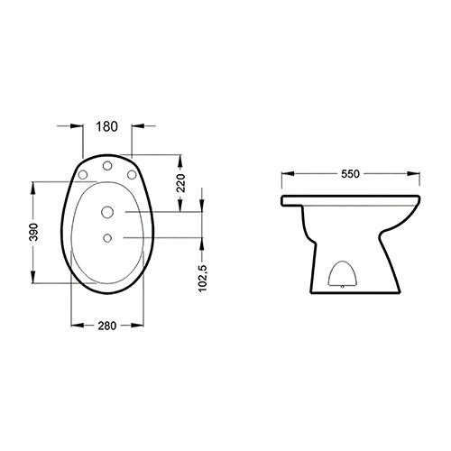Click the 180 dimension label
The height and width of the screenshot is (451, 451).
click(x=106, y=126)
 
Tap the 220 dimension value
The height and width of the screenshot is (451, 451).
click(x=181, y=183)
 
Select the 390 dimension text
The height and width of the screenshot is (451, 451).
click(x=34, y=232)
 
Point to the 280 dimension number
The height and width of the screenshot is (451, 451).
click(x=106, y=326)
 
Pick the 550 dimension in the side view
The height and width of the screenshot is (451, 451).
click(x=350, y=174)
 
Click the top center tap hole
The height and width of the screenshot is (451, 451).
click(x=107, y=166)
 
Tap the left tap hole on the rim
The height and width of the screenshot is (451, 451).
click(x=83, y=174)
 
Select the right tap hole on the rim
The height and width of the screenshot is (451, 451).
click(x=132, y=174)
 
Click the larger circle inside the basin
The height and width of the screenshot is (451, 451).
click(x=107, y=212)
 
